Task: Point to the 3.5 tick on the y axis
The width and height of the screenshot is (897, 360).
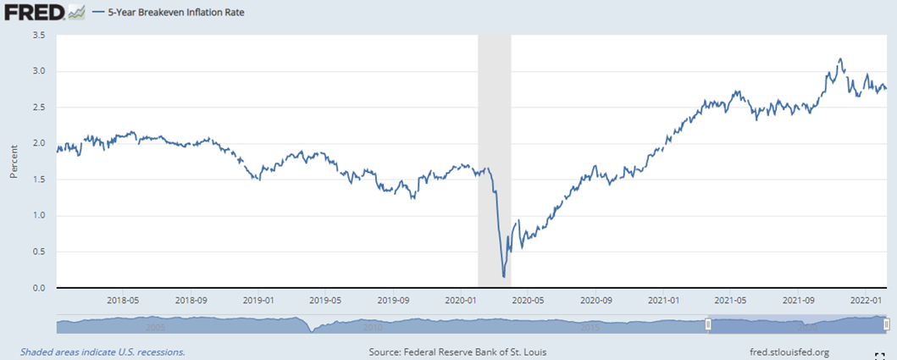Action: point(40,35)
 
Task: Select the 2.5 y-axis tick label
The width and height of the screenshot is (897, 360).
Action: point(40,108)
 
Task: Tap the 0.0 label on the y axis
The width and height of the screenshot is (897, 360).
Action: point(40,288)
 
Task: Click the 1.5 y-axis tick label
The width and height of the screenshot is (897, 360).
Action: point(40,180)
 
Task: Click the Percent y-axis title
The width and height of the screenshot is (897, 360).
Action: point(14,161)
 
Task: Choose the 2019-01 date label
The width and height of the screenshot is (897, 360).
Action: point(257,301)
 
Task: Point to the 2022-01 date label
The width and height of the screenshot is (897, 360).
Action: point(865,301)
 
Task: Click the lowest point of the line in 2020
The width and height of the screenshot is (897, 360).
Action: point(504,276)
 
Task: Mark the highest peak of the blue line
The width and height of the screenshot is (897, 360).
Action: point(839,59)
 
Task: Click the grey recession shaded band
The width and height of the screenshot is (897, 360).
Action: point(495,127)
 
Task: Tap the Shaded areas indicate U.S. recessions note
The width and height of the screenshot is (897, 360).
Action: point(102,352)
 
